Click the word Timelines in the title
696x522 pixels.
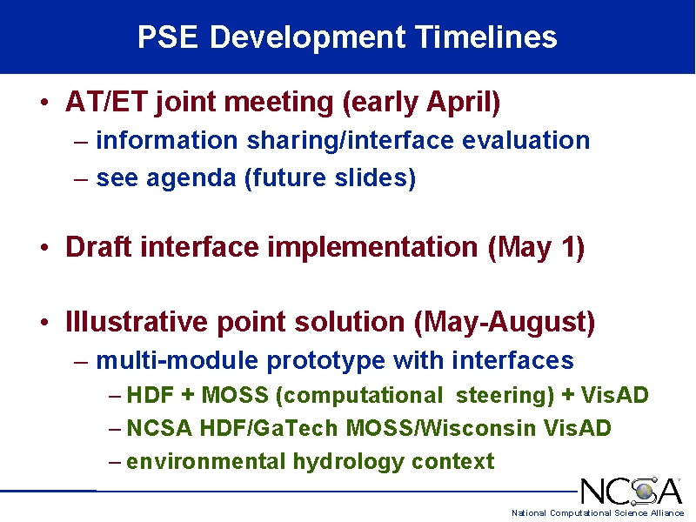[x=485, y=37]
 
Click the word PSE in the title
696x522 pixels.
[x=168, y=37]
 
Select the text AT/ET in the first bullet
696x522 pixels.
[x=106, y=102]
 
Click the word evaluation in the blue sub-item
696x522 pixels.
[x=526, y=140]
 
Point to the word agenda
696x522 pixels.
[x=191, y=179]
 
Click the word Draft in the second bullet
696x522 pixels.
[x=98, y=247]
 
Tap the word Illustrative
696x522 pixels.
[x=137, y=321]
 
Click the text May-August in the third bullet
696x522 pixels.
[x=505, y=323]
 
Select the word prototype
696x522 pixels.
[x=325, y=361]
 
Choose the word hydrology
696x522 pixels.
[x=349, y=462]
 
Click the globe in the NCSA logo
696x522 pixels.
[x=645, y=491]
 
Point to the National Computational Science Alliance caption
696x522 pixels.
[x=598, y=513]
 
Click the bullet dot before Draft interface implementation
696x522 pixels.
[x=44, y=247]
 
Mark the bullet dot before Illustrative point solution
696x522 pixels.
[x=44, y=322]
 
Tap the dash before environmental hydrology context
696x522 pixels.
[x=115, y=462]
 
